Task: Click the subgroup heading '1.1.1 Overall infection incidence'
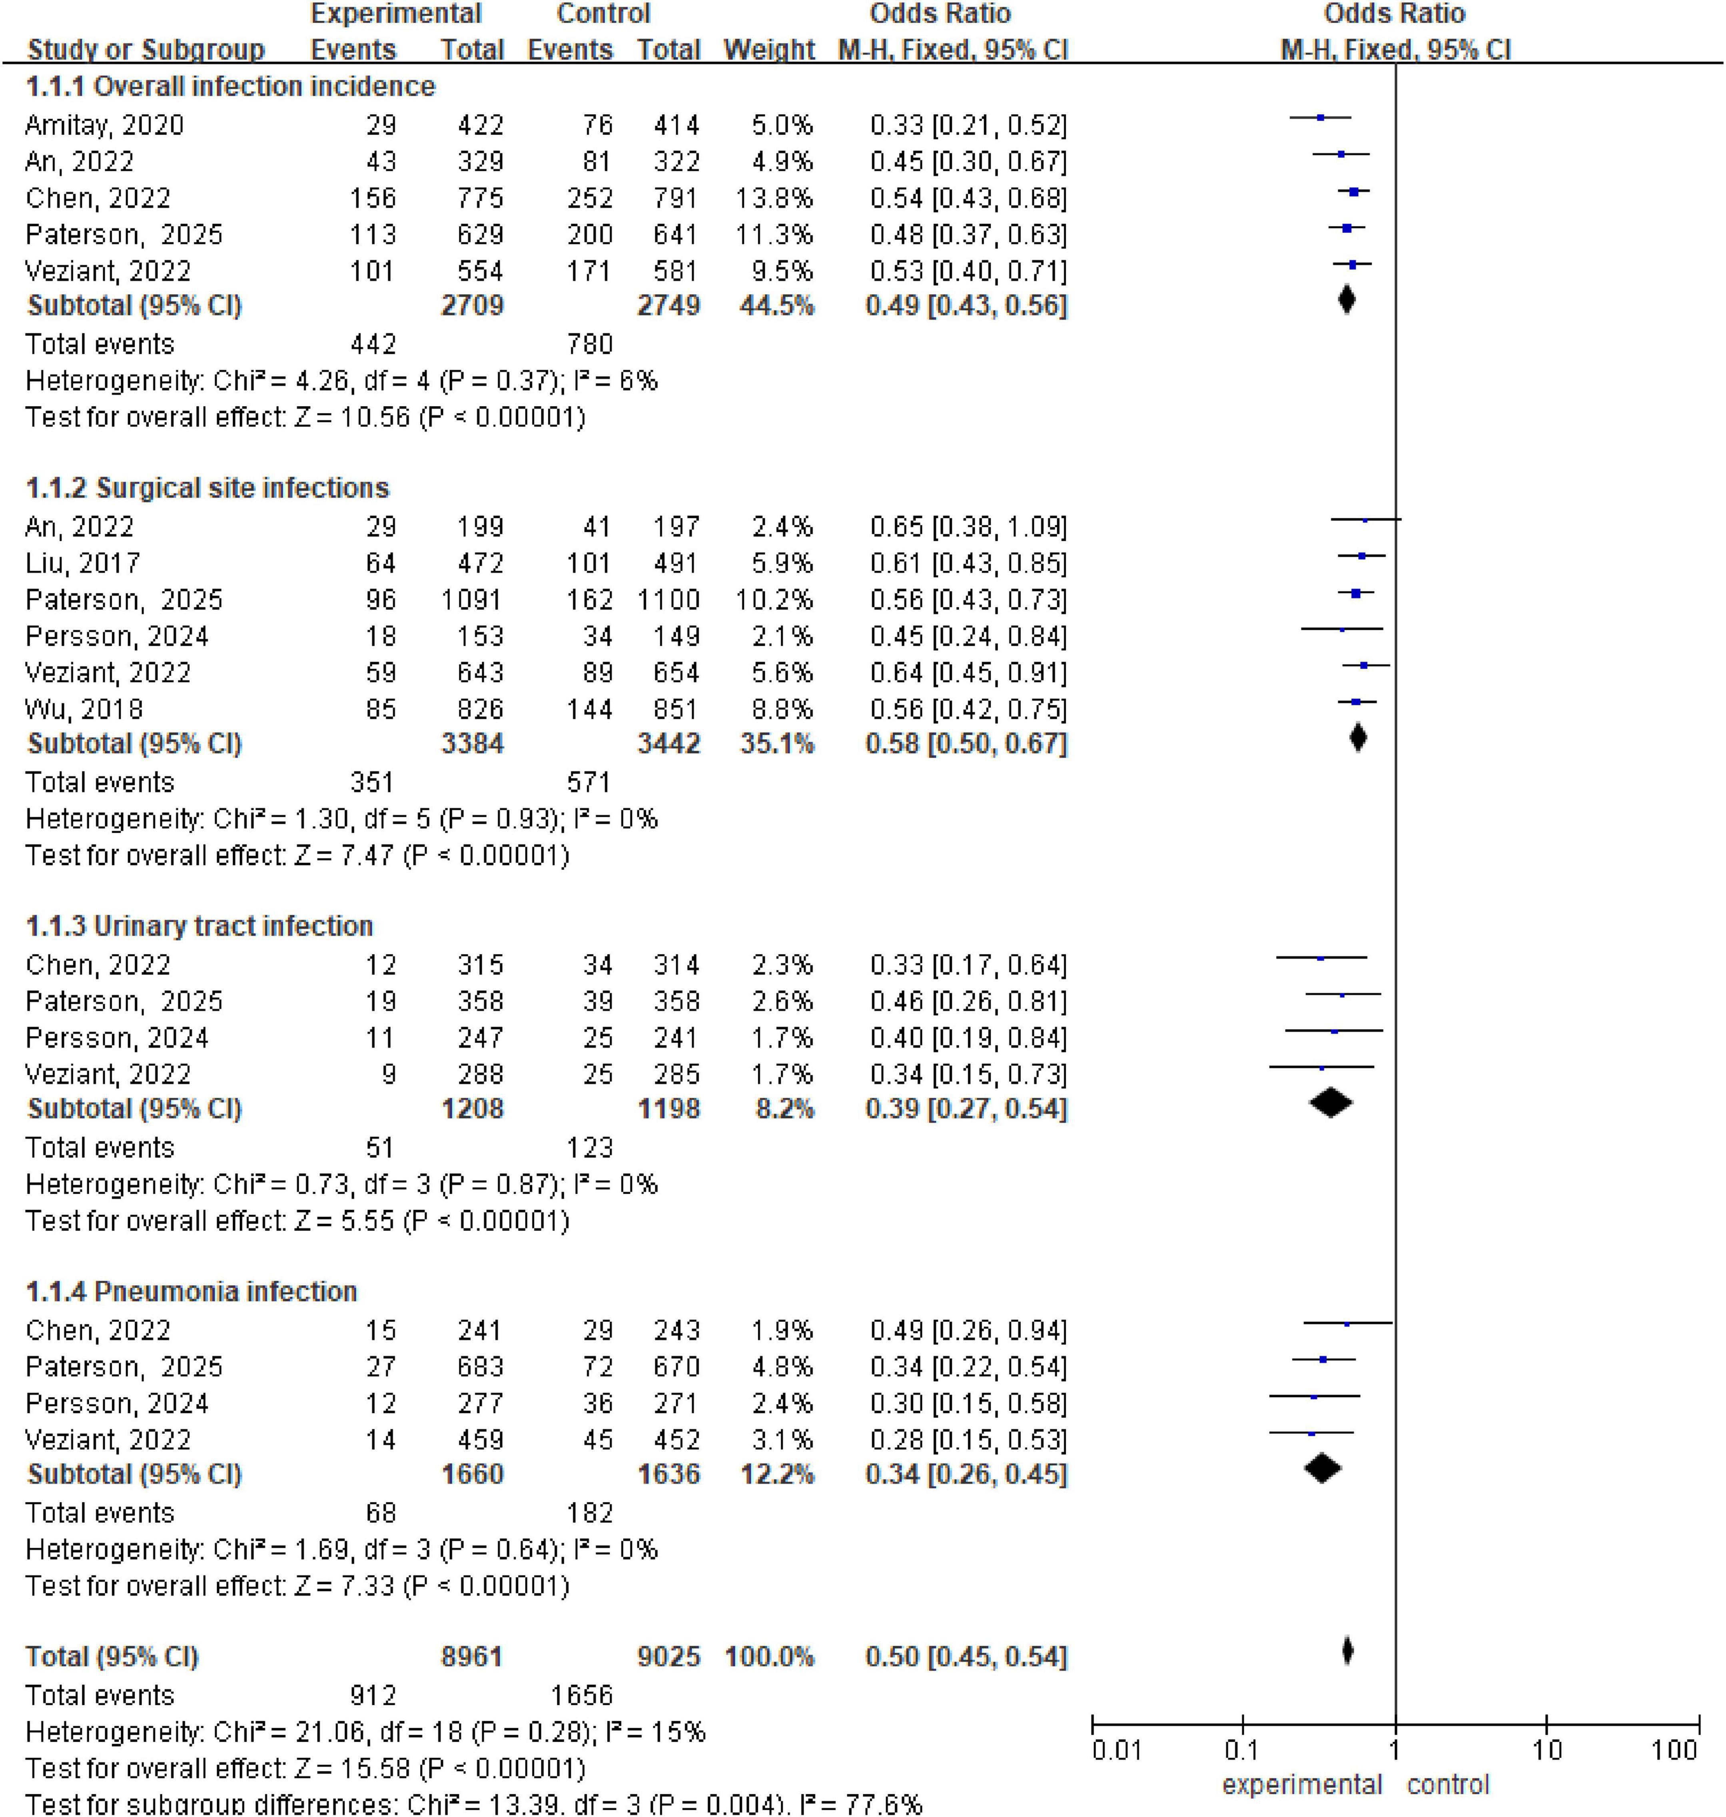(x=230, y=86)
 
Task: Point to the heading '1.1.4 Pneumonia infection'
(x=190, y=1292)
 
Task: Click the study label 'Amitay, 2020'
(x=104, y=125)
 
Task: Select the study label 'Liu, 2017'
(x=83, y=563)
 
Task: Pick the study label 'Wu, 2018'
(x=84, y=709)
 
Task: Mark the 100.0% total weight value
(x=769, y=1657)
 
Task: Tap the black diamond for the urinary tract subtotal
(x=1330, y=1103)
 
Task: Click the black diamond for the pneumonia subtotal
(x=1322, y=1468)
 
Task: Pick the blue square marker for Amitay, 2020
(x=1320, y=118)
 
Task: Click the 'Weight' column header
(x=769, y=50)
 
